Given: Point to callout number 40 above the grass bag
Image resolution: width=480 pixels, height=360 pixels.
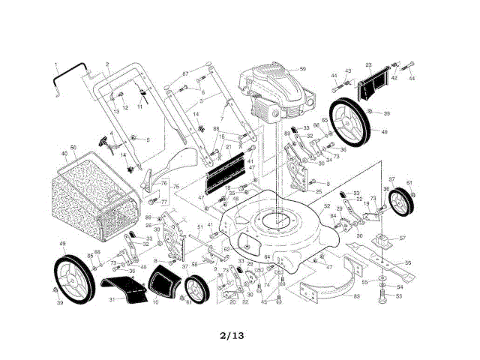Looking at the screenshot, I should click(64, 154).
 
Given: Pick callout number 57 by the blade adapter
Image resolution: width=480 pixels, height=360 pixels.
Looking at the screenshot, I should click(403, 238).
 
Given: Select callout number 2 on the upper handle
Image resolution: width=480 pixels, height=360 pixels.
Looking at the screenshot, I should click(107, 64).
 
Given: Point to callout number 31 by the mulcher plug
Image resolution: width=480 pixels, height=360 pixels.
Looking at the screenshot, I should click(112, 300).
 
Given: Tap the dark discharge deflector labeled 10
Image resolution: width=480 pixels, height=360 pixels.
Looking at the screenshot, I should click(160, 284).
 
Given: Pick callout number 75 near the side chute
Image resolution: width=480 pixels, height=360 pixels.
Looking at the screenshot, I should click(177, 186).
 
